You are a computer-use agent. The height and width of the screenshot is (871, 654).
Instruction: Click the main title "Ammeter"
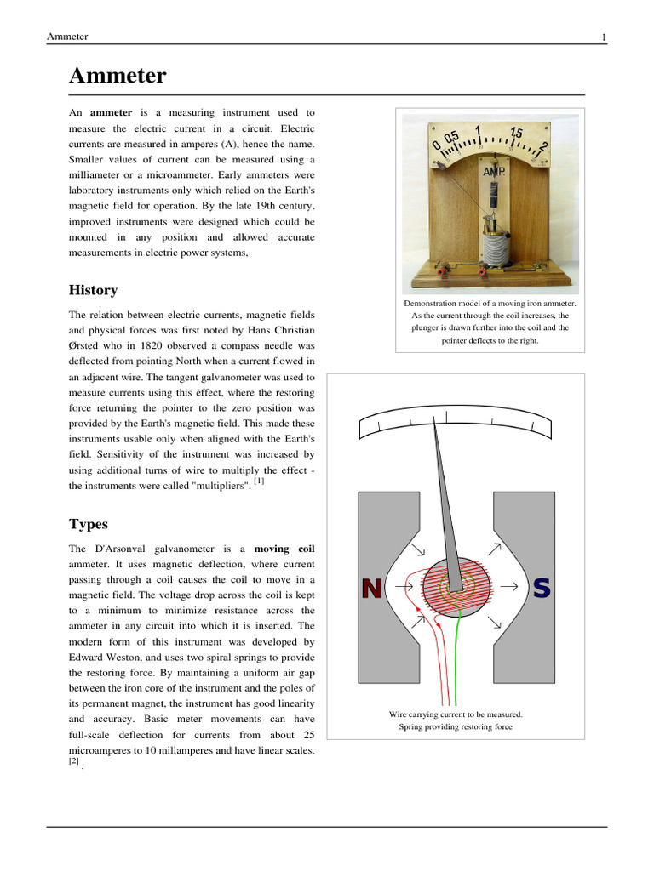point(118,77)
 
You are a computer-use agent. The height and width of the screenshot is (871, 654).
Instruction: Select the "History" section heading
point(93,290)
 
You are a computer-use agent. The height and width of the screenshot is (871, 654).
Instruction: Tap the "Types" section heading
point(89,524)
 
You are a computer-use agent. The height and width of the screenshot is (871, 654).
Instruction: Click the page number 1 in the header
point(604,37)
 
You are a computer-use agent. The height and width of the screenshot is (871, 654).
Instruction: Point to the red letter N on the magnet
point(371,588)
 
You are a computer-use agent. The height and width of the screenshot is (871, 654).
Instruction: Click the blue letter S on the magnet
point(542,588)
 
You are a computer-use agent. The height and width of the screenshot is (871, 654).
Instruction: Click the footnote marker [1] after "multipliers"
point(259,481)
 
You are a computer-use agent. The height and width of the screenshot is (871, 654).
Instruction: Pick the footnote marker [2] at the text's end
point(74,762)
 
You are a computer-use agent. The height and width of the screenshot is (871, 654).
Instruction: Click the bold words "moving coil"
point(284,549)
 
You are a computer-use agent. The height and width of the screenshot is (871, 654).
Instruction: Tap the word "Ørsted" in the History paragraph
point(85,346)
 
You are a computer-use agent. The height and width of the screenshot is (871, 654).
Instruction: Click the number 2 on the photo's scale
point(542,147)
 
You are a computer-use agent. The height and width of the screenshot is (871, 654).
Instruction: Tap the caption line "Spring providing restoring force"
point(456,727)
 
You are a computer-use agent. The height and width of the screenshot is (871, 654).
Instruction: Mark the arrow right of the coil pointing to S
point(510,586)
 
